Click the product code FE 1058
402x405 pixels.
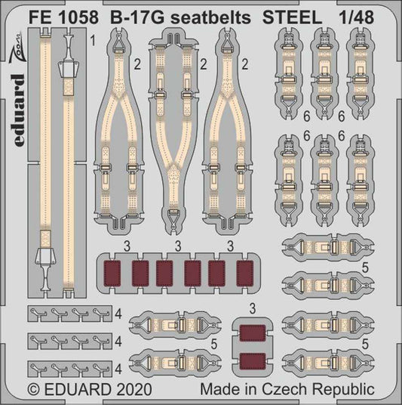point(54,14)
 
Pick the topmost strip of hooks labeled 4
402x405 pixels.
point(63,314)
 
